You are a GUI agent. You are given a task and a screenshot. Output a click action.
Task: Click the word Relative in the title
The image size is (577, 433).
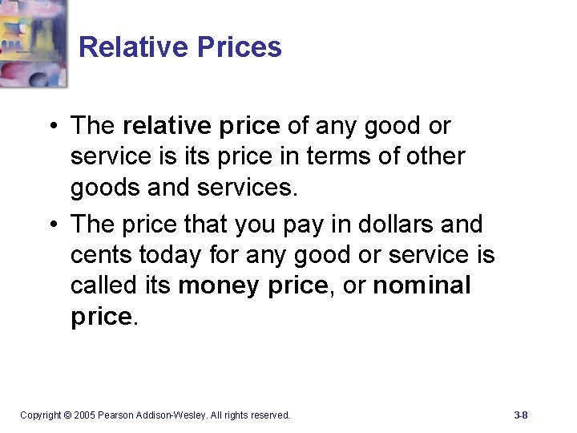[x=124, y=47]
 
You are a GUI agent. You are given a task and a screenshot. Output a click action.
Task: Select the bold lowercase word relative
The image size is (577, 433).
[x=166, y=126]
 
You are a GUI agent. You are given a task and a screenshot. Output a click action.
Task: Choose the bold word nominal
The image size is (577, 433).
[x=422, y=285]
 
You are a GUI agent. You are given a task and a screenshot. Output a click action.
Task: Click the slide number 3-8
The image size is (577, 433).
[x=521, y=415]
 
